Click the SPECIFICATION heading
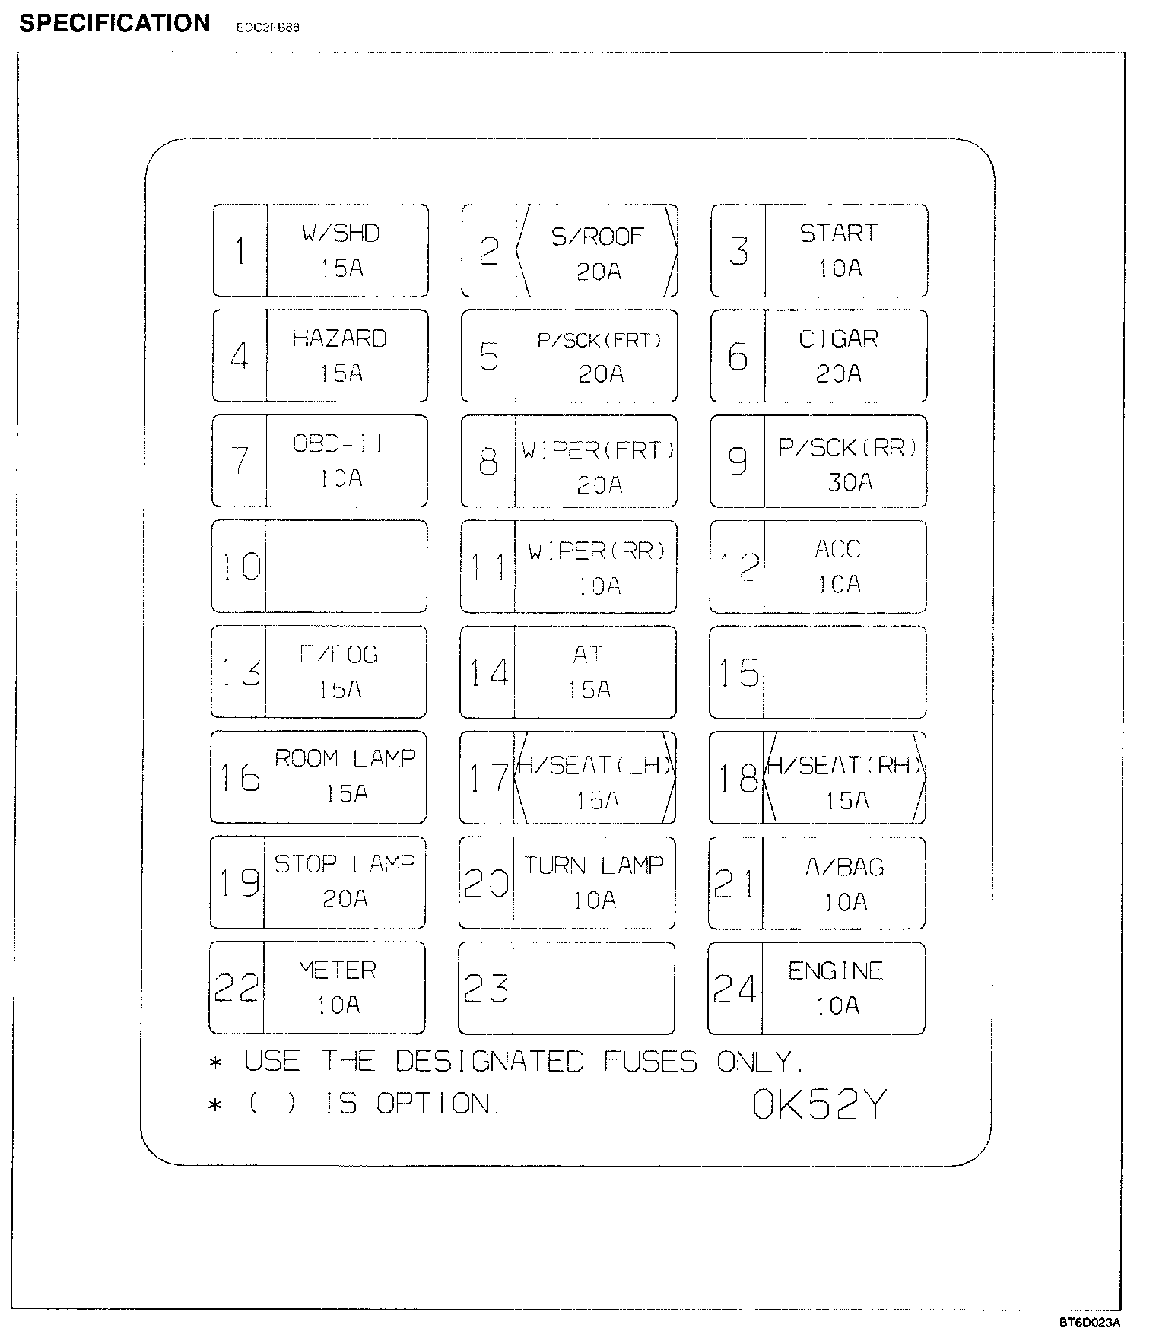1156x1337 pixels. [115, 24]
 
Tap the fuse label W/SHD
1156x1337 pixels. [341, 233]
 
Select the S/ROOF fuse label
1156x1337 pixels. [597, 237]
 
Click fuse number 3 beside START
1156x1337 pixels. [738, 252]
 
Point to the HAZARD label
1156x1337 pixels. [340, 338]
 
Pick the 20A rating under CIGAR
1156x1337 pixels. [838, 373]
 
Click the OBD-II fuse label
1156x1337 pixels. [338, 443]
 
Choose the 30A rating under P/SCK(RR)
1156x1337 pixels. [850, 482]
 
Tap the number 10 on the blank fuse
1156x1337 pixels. [240, 567]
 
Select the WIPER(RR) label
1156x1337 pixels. [597, 551]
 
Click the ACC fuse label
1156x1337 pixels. [837, 549]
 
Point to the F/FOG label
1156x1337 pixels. [338, 655]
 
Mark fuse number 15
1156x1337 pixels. [738, 673]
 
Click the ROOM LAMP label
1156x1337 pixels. [345, 758]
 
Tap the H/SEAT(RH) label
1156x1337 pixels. [844, 765]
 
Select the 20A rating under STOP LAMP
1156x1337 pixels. [345, 899]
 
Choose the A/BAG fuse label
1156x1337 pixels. [844, 867]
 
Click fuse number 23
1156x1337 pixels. [486, 989]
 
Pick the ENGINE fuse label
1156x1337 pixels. [835, 970]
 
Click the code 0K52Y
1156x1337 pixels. [819, 1105]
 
